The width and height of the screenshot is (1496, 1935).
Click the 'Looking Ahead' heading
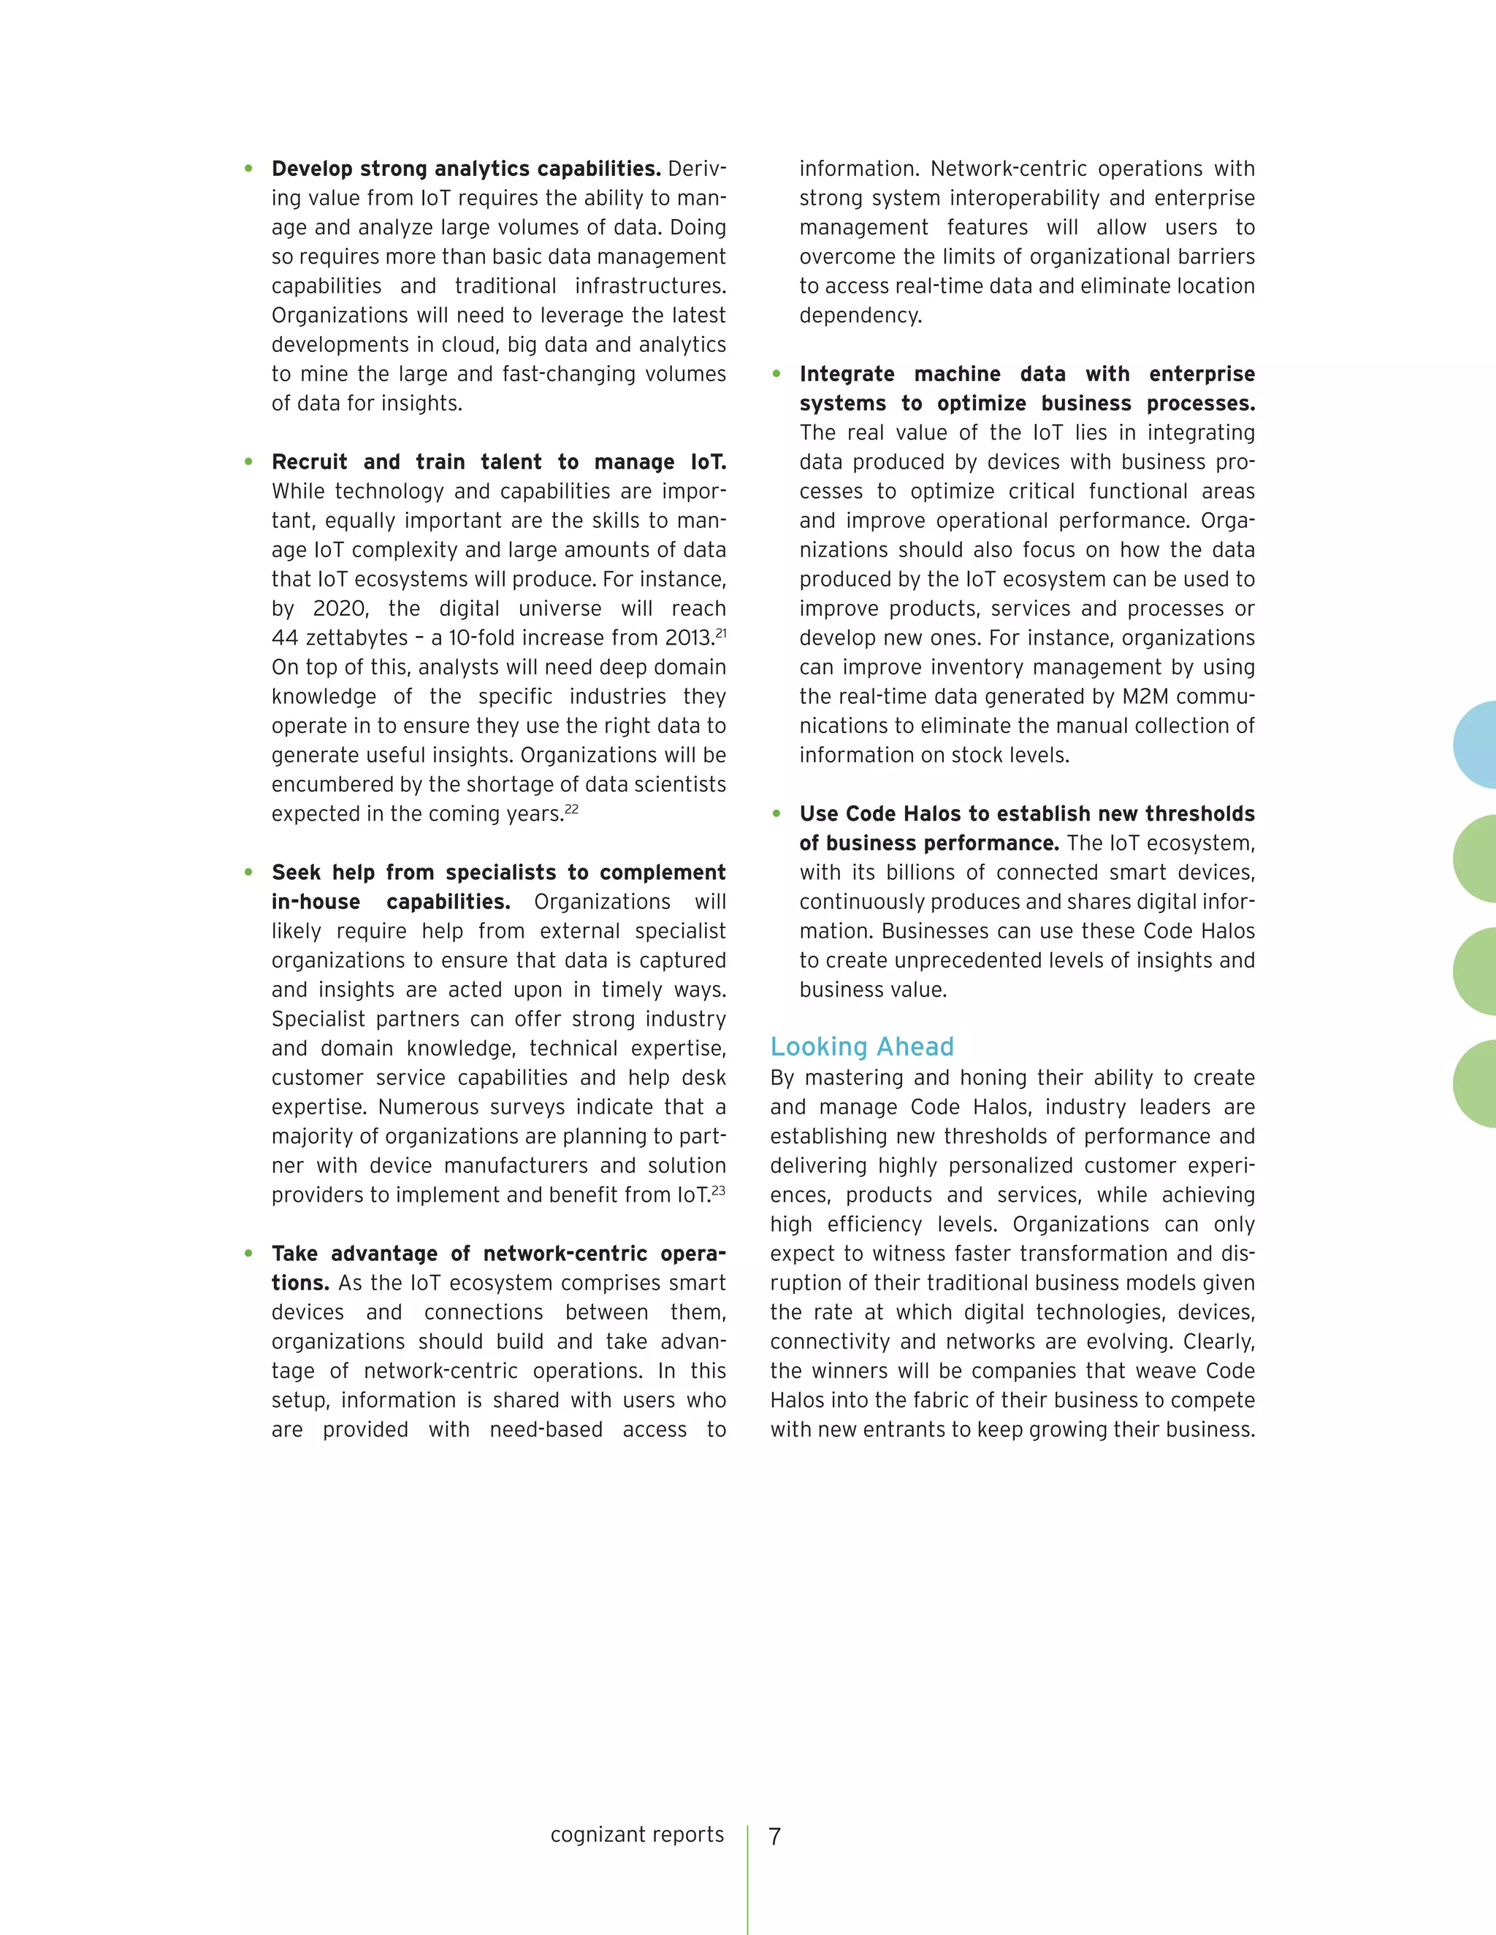tap(861, 1046)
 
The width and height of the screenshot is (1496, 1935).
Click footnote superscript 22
tap(572, 808)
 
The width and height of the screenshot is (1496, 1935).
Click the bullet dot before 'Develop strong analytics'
tap(249, 169)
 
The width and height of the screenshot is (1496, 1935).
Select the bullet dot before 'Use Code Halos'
tap(776, 813)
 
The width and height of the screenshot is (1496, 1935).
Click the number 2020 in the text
tap(340, 609)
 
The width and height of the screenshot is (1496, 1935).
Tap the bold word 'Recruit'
tap(309, 461)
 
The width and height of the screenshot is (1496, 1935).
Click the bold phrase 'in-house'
tap(316, 902)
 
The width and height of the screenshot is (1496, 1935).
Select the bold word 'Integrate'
tap(847, 374)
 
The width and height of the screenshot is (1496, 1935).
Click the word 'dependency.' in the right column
tap(860, 315)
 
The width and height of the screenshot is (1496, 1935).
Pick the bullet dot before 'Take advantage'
tap(249, 1254)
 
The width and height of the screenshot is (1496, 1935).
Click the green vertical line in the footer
tap(748, 1878)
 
